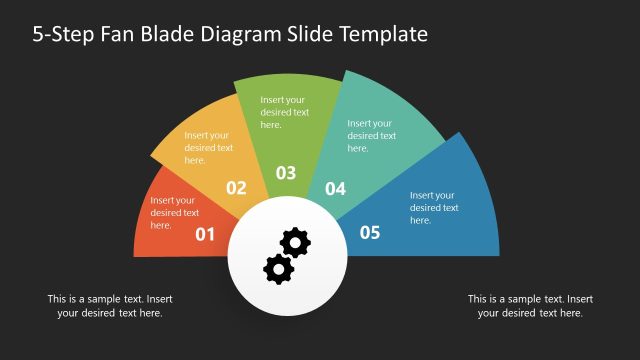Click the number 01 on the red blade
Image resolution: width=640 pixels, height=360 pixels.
pos(205,235)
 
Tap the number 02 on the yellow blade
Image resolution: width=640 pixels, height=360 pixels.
pos(236,187)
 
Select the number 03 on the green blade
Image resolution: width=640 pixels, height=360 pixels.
pos(286,173)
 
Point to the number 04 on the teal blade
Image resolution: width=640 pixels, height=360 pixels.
pos(335,188)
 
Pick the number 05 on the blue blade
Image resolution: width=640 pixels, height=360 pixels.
pos(370,233)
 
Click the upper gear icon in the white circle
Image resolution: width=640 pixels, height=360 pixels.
pos(295,242)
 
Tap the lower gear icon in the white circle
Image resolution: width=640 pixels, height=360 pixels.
pos(277,267)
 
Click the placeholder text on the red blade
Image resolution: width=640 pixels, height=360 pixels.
pos(174,212)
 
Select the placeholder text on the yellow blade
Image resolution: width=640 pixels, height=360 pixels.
pos(208,147)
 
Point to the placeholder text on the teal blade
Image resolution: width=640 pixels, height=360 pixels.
pos(371,135)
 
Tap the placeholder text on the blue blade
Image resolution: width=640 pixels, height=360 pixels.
pos(434,207)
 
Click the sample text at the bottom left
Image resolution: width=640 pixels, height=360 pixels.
pos(110,306)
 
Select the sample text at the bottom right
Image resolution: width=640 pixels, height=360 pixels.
pos(530,306)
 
